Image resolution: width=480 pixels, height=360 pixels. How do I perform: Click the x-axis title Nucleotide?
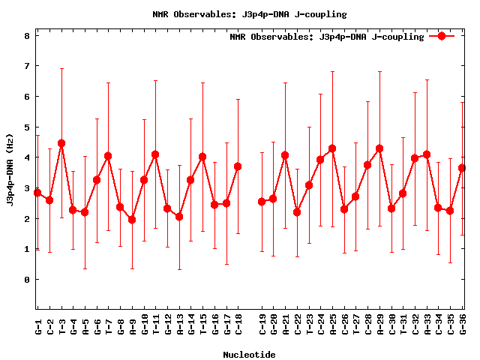point(249,354)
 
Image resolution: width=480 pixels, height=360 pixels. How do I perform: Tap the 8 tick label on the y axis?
point(26,35)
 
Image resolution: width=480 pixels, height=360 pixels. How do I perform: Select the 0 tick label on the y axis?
point(26,280)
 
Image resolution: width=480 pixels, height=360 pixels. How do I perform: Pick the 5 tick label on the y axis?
point(26,127)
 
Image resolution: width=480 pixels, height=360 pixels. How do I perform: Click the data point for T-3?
point(61,143)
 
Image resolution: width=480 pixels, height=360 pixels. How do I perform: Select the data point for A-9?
point(132,220)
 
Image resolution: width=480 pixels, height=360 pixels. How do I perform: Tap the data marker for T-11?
point(155,154)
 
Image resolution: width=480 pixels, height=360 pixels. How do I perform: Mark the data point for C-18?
point(238,166)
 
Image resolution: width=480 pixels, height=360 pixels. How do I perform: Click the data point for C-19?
point(262,202)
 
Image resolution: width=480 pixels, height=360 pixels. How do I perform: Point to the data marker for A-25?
point(332,148)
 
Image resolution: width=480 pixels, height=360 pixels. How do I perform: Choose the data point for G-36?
point(462,168)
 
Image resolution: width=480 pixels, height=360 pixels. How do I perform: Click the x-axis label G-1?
point(38,325)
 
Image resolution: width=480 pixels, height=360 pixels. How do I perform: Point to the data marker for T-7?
point(108,156)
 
